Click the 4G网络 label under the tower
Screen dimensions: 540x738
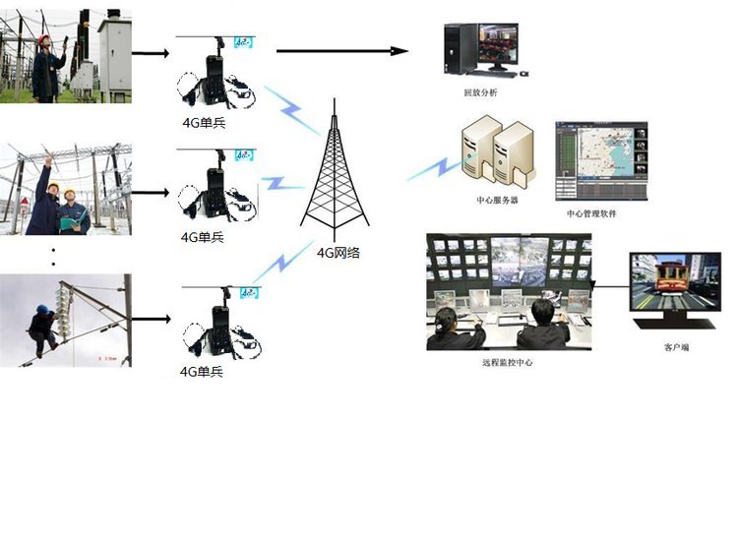(x=338, y=253)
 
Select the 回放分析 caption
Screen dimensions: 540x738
(x=480, y=92)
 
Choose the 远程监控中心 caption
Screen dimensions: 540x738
(x=508, y=363)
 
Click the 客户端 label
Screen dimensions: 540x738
(x=676, y=347)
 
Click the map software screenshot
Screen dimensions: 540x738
(x=599, y=161)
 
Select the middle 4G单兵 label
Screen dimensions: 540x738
(x=204, y=237)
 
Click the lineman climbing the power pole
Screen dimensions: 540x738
(x=43, y=330)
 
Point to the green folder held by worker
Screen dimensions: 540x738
(x=70, y=221)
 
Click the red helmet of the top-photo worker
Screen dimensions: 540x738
(x=43, y=39)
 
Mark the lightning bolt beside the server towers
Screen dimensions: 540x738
(x=433, y=168)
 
